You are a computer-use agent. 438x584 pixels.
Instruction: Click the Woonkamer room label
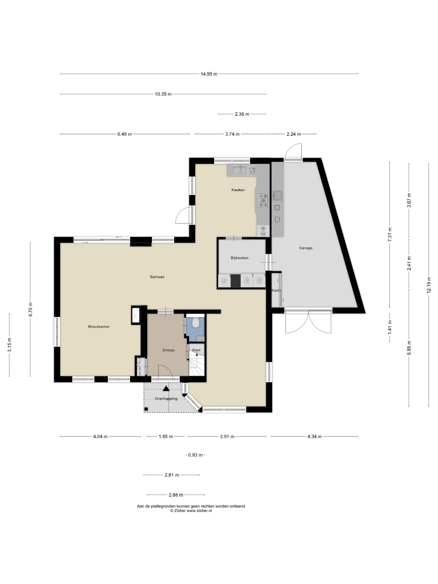click(99, 327)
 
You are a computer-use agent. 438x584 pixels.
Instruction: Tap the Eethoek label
click(157, 277)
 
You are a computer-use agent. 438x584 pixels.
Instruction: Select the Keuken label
click(238, 190)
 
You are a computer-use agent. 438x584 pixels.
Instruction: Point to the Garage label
click(306, 248)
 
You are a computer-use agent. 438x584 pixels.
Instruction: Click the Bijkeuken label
click(240, 258)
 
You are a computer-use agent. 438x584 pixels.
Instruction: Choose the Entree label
click(168, 350)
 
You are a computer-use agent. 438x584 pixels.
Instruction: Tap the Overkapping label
click(166, 398)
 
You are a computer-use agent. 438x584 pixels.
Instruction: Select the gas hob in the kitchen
click(263, 200)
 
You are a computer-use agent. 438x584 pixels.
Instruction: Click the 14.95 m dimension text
click(209, 74)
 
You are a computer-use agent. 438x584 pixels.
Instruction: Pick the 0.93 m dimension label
click(195, 455)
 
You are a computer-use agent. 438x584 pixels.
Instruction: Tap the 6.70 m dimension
click(30, 309)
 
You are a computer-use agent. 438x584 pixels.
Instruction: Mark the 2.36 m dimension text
click(242, 114)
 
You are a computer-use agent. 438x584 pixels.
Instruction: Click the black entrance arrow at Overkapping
click(166, 388)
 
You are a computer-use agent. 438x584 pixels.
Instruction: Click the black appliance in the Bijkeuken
click(235, 280)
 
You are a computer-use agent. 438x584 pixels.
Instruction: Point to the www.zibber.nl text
click(199, 511)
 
